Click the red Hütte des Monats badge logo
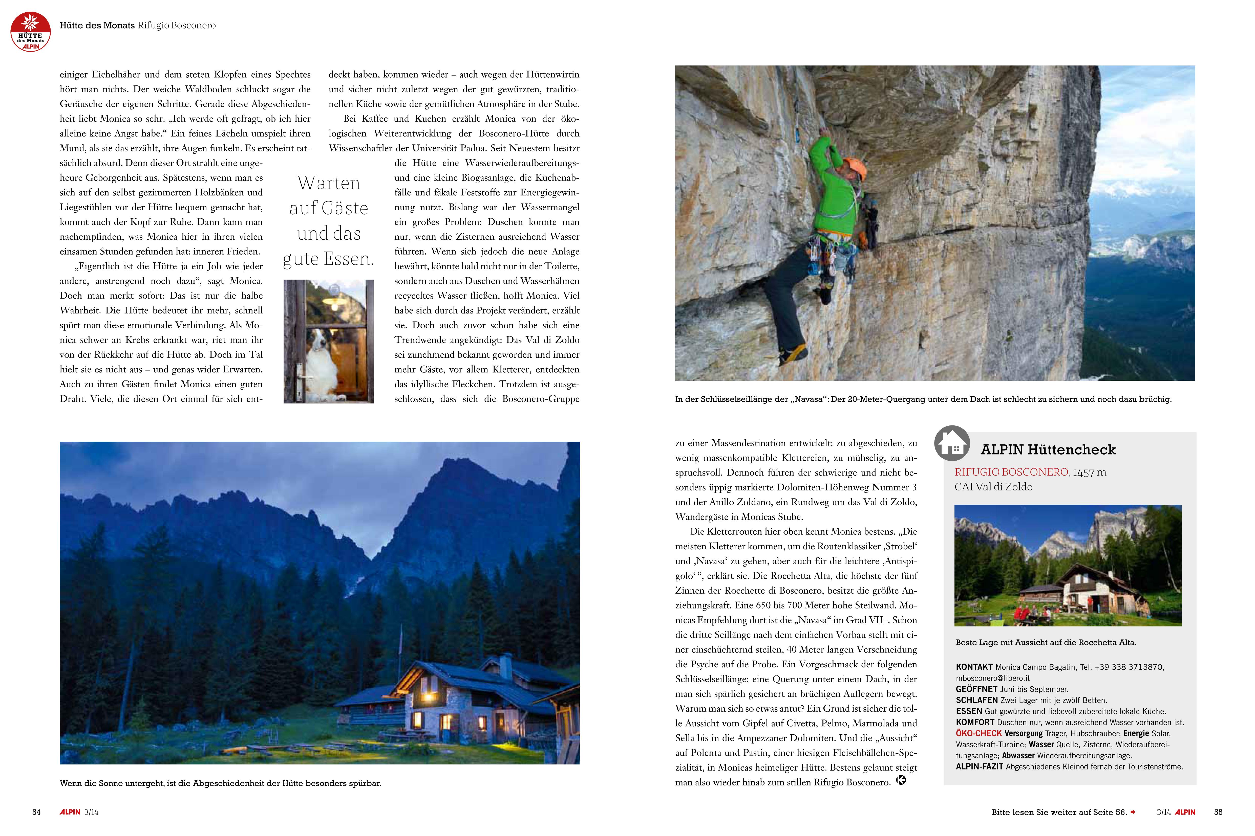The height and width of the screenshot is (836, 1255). coord(30,32)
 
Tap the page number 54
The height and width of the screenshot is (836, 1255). coord(36,812)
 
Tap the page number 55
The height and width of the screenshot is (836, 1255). coord(1218,812)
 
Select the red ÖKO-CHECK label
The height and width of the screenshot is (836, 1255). coord(979,734)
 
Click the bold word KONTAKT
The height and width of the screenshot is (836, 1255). coord(974,667)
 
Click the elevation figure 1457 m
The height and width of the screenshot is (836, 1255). coord(1090,472)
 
